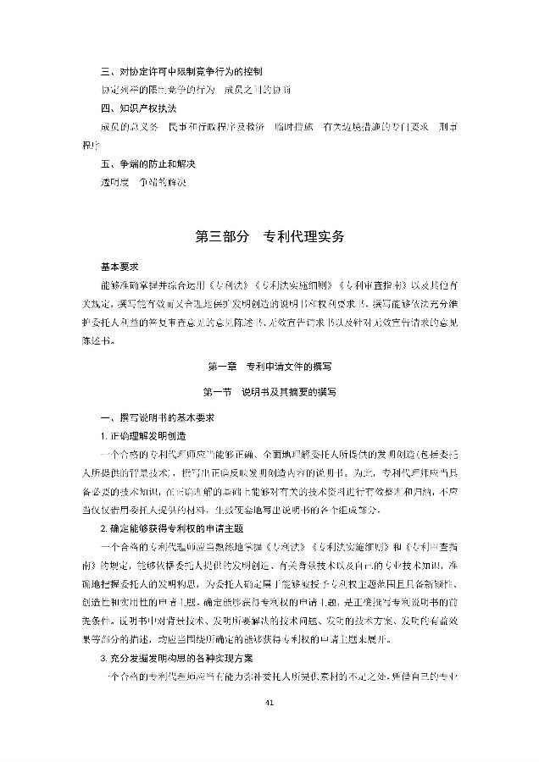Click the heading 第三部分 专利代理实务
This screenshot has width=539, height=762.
pyautogui.click(x=269, y=238)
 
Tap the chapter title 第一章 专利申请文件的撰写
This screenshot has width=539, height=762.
pyautogui.click(x=269, y=367)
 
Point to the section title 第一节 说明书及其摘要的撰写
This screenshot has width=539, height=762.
pyautogui.click(x=269, y=392)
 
